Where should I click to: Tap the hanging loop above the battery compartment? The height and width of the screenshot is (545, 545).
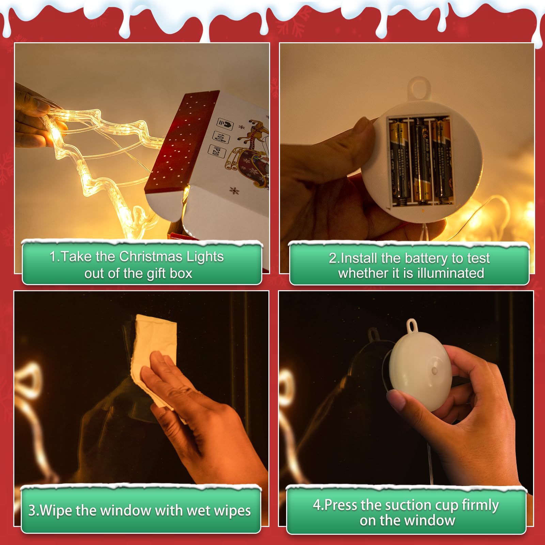(419, 87)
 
